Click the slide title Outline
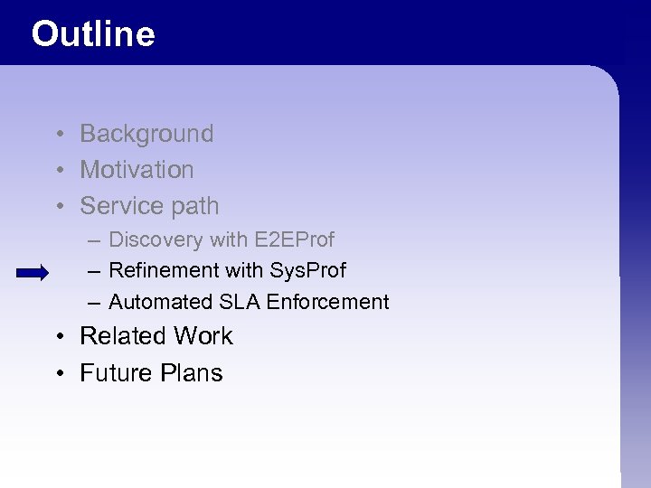pyautogui.click(x=93, y=34)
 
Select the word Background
pyautogui.click(x=146, y=134)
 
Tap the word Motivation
pyautogui.click(x=137, y=170)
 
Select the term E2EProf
pyautogui.click(x=295, y=239)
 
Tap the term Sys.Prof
pyautogui.click(x=307, y=270)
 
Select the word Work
pyautogui.click(x=203, y=336)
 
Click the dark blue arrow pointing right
pyautogui.click(x=33, y=273)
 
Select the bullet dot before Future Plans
pyautogui.click(x=57, y=374)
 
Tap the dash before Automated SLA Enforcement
pyautogui.click(x=95, y=303)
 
